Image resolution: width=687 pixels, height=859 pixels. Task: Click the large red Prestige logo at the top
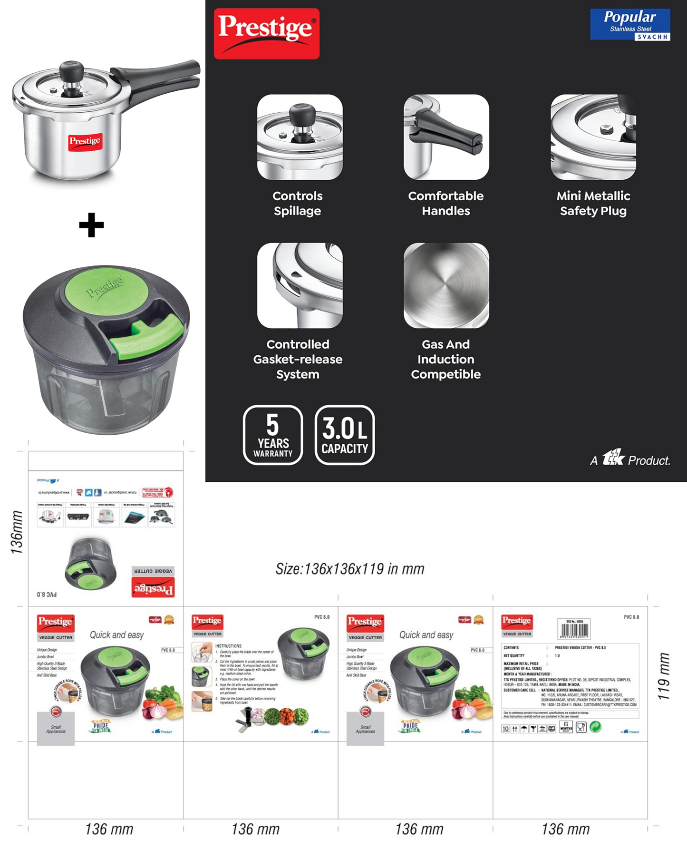[x=266, y=33]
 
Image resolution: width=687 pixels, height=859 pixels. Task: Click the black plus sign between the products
[x=91, y=225]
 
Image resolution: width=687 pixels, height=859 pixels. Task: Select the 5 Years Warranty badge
[x=273, y=435]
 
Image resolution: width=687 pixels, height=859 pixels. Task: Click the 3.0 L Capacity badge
[x=345, y=435]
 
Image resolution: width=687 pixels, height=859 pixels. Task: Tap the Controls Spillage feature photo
[x=300, y=137]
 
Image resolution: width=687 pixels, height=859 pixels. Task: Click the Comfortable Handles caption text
[x=445, y=203]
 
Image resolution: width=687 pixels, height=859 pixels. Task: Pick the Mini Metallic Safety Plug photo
[x=593, y=137]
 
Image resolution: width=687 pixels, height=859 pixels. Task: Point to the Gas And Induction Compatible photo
[x=446, y=285]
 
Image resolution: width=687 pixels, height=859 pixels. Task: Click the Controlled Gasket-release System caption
[x=298, y=359]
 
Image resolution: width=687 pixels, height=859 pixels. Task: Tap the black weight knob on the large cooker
[x=71, y=71]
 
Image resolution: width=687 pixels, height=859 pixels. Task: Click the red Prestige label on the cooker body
[x=85, y=141]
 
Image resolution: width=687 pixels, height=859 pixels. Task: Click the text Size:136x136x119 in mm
[x=350, y=569]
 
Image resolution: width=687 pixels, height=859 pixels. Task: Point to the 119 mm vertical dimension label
[x=664, y=676]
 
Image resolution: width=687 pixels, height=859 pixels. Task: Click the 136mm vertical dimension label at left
[x=17, y=532]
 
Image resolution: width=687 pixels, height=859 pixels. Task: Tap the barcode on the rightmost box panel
[x=574, y=629]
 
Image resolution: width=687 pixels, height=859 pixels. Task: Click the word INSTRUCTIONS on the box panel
[x=228, y=646]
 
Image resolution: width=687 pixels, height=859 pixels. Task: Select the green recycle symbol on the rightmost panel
[x=595, y=727]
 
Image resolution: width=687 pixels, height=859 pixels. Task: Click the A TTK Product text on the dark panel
[x=630, y=459]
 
